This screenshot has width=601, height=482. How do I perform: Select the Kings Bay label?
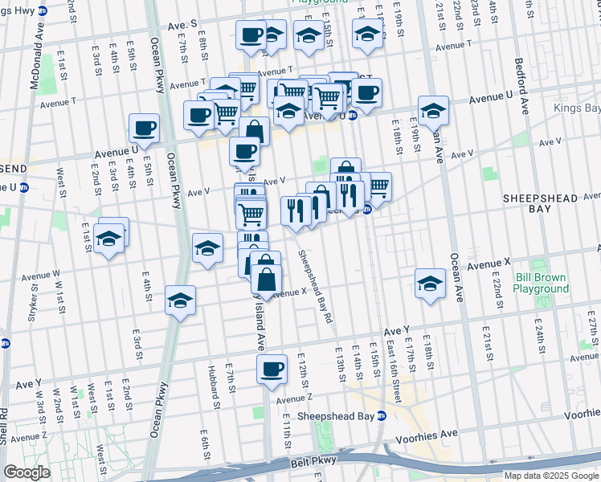(577, 108)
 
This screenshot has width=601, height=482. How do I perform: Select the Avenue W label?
(40, 277)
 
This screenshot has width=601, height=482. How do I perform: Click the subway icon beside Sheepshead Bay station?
(382, 416)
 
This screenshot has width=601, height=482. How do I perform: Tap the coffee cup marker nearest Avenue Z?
(272, 369)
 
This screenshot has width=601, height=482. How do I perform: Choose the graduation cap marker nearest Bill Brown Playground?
(431, 284)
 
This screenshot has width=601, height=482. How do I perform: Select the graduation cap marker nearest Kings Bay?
(432, 111)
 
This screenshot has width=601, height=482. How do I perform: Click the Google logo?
(27, 472)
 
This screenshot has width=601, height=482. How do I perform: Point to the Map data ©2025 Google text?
(551, 476)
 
